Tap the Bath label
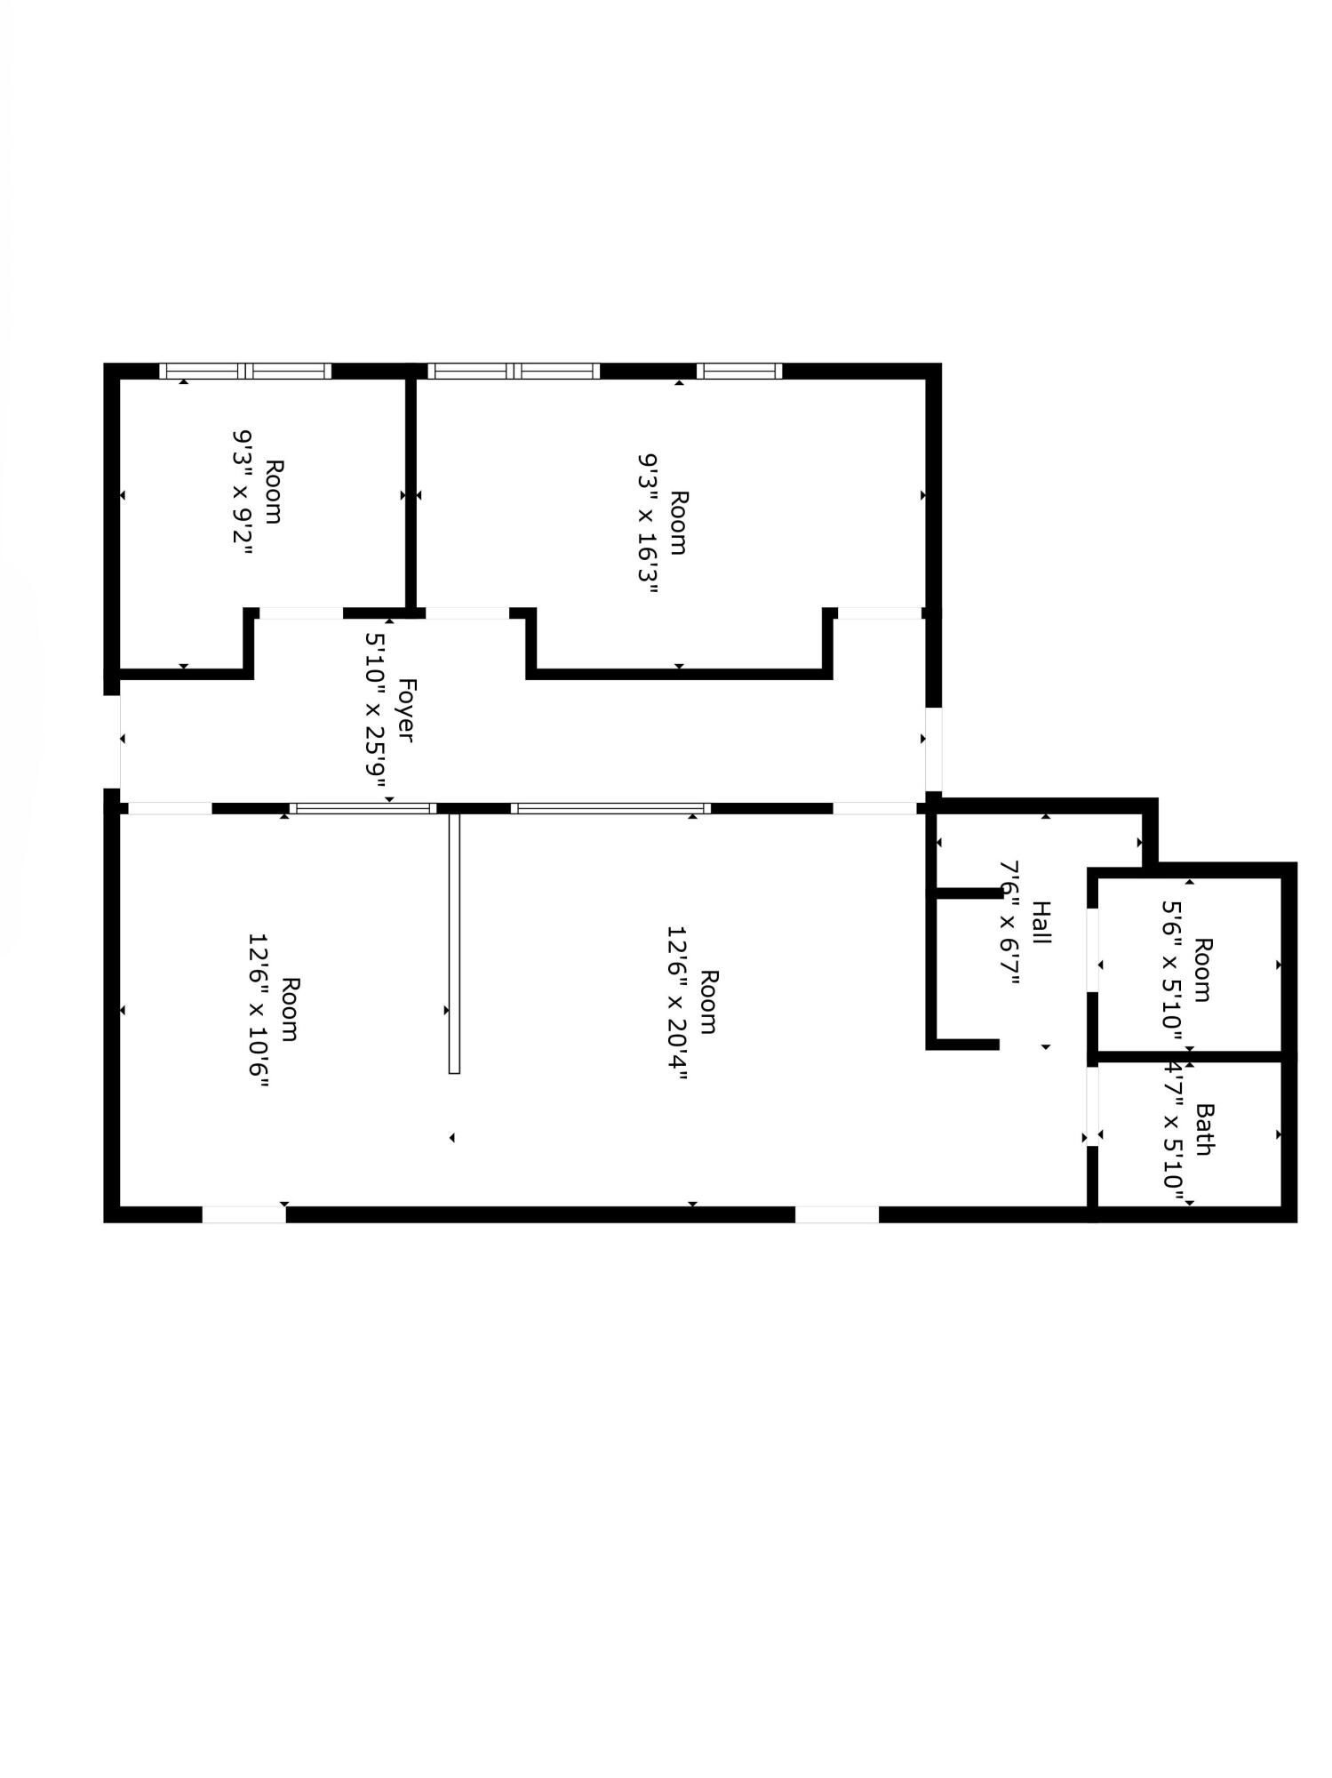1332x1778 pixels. pyautogui.click(x=1205, y=1129)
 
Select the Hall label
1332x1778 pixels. pyautogui.click(x=1041, y=923)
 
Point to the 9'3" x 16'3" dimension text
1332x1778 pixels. pyautogui.click(x=648, y=524)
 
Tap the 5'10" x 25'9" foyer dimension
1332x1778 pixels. pyautogui.click(x=377, y=710)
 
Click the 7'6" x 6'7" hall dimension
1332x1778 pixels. pyautogui.click(x=1009, y=923)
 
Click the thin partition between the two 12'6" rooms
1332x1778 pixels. pyautogui.click(x=454, y=942)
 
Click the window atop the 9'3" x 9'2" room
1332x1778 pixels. pyautogui.click(x=245, y=371)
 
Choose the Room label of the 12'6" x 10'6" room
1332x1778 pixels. pyautogui.click(x=290, y=1010)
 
